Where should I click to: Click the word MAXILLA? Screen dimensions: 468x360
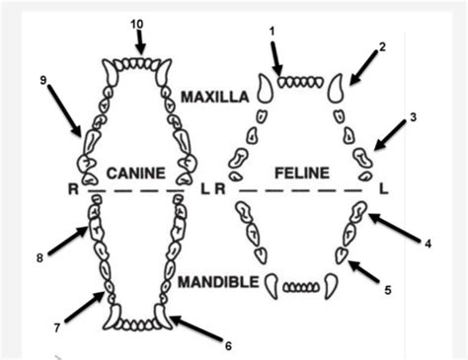pyautogui.click(x=215, y=97)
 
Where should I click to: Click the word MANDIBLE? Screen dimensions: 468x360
pyautogui.click(x=219, y=282)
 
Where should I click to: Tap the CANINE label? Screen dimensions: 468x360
pyautogui.click(x=136, y=174)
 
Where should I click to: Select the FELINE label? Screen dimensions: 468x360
pyautogui.click(x=302, y=174)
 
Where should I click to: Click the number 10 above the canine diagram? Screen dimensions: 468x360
pyautogui.click(x=136, y=24)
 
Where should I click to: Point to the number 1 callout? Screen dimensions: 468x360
pyautogui.click(x=272, y=32)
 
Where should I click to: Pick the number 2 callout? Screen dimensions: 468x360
pyautogui.click(x=382, y=47)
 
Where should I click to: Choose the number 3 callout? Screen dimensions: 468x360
pyautogui.click(x=414, y=117)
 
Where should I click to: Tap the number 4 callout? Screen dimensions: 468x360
pyautogui.click(x=428, y=244)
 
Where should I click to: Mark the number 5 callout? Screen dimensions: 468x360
pyautogui.click(x=388, y=290)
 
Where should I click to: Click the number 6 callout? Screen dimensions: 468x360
pyautogui.click(x=228, y=346)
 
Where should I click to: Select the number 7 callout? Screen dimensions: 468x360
pyautogui.click(x=57, y=327)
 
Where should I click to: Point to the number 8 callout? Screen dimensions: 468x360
pyautogui.click(x=39, y=258)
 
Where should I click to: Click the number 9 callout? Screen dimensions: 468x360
pyautogui.click(x=43, y=80)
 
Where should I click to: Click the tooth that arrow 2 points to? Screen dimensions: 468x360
pyautogui.click(x=335, y=88)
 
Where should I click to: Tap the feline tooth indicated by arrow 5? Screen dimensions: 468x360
pyautogui.click(x=341, y=255)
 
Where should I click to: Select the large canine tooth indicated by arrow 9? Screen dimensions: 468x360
pyautogui.click(x=91, y=142)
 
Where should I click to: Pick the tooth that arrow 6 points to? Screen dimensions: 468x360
pyautogui.click(x=163, y=317)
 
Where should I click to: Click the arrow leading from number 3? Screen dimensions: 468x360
pyautogui.click(x=390, y=135)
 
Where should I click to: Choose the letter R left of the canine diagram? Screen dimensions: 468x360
pyautogui.click(x=73, y=189)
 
